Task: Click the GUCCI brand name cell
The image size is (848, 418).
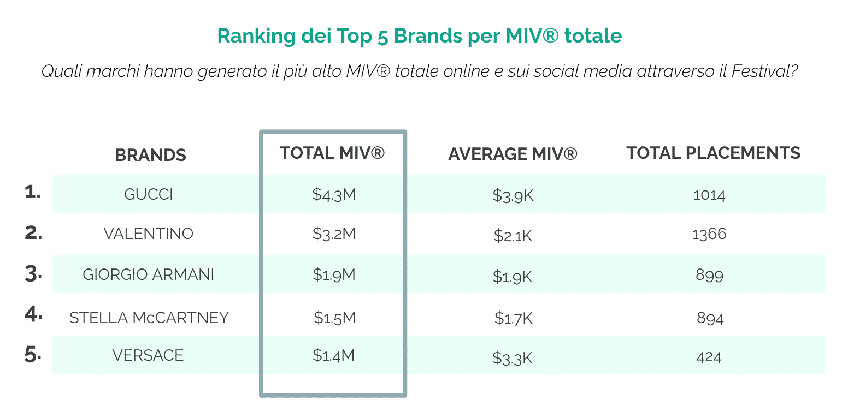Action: pyautogui.click(x=149, y=194)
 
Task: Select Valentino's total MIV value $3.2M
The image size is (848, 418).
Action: pyautogui.click(x=334, y=234)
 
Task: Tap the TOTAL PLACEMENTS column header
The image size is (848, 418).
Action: pyautogui.click(x=713, y=153)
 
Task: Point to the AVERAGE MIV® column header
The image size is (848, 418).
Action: pyautogui.click(x=513, y=154)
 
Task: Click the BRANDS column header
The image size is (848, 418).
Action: pyautogui.click(x=150, y=155)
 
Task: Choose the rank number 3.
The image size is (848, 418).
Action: pyautogui.click(x=33, y=274)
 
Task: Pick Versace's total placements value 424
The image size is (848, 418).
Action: pyautogui.click(x=709, y=357)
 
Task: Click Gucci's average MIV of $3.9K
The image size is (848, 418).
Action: pyautogui.click(x=513, y=196)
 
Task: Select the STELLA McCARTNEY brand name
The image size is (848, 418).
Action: pyautogui.click(x=149, y=317)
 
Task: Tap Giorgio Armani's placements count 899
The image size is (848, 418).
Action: pyautogui.click(x=709, y=275)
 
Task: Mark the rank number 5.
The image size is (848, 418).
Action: pyautogui.click(x=33, y=355)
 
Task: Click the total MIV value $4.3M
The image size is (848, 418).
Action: pyautogui.click(x=334, y=194)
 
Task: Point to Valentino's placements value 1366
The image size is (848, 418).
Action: pyautogui.click(x=709, y=234)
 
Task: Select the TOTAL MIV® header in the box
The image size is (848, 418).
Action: pyautogui.click(x=332, y=153)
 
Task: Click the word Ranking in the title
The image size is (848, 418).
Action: pyautogui.click(x=256, y=36)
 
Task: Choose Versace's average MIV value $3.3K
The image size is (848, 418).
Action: pyautogui.click(x=512, y=358)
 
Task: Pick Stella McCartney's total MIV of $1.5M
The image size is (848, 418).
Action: pyautogui.click(x=334, y=317)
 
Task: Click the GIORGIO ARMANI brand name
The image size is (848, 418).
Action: pyautogui.click(x=149, y=274)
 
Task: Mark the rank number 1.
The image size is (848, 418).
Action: pyautogui.click(x=33, y=192)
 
